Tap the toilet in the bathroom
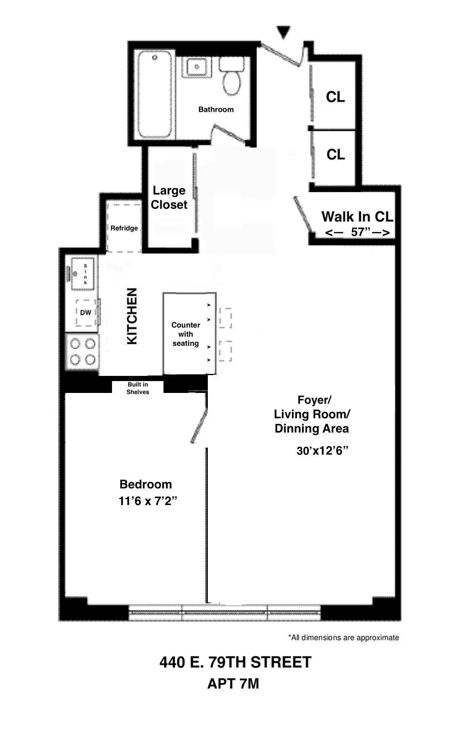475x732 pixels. coord(232,77)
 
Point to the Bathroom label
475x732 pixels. coord(216,109)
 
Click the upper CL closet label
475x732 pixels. coord(335,97)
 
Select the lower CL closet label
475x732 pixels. coord(335,154)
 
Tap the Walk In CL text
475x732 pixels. coord(357,217)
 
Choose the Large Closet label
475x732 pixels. coord(169,198)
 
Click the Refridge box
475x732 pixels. coord(124,228)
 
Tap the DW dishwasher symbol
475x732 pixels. coord(85,313)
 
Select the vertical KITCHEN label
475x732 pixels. coord(132,316)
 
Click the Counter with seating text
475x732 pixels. coord(186,334)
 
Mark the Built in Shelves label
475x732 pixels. coord(138,388)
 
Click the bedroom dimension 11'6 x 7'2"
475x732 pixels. coord(148,501)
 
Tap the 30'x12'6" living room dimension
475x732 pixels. coord(322,451)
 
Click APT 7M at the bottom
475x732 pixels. coord(233,684)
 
